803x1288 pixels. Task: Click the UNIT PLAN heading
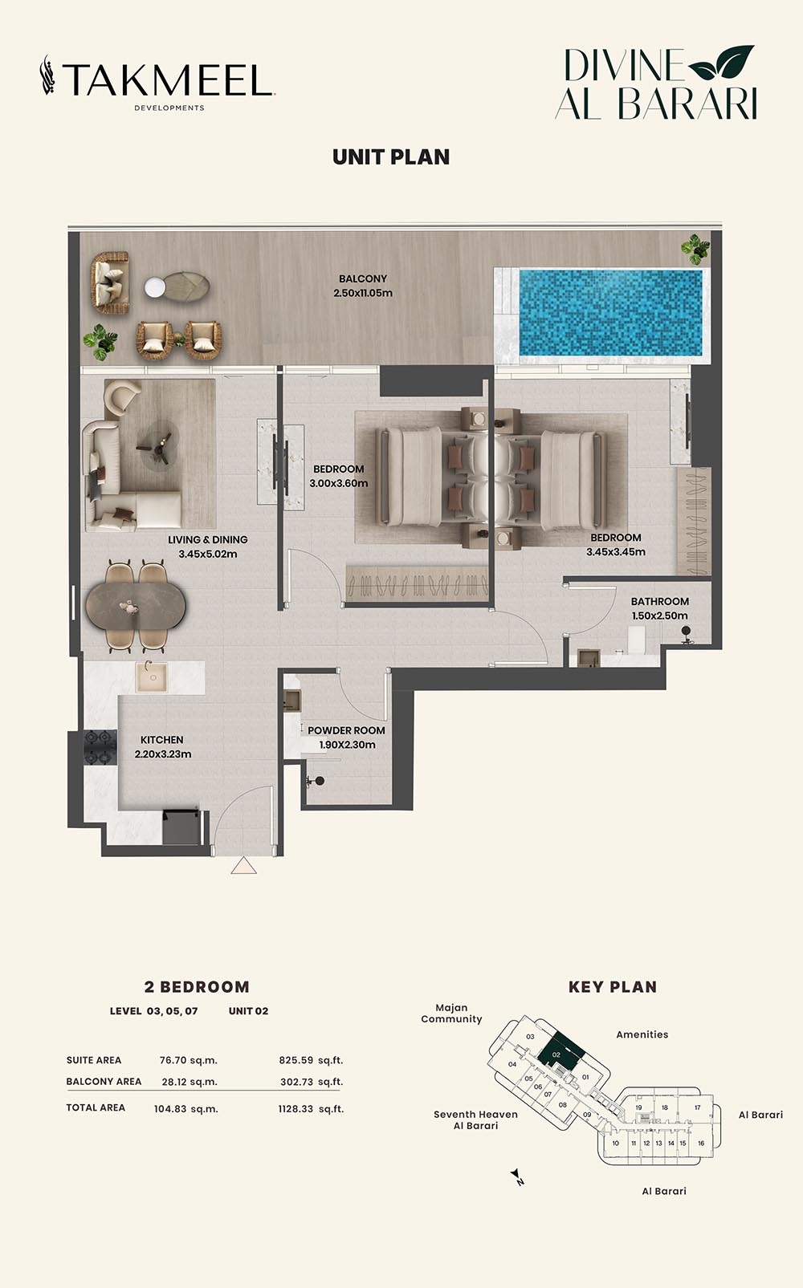[x=391, y=157]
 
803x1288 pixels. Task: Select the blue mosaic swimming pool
[x=610, y=312]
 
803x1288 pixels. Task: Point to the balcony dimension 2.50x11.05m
[x=363, y=293]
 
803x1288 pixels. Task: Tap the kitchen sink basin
[x=150, y=677]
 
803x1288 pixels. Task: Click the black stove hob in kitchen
[x=102, y=747]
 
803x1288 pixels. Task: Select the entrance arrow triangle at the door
[x=243, y=866]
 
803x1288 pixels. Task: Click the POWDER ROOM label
[x=346, y=730]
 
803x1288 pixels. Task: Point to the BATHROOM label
[x=659, y=601]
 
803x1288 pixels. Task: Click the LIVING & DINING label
[x=207, y=539]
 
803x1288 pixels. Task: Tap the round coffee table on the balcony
[x=155, y=286]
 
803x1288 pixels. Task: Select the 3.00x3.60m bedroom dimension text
[x=338, y=483]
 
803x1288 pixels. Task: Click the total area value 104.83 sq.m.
[x=185, y=1109]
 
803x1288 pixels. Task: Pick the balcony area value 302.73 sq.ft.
[x=312, y=1082]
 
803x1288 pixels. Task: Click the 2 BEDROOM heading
[x=197, y=987]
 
